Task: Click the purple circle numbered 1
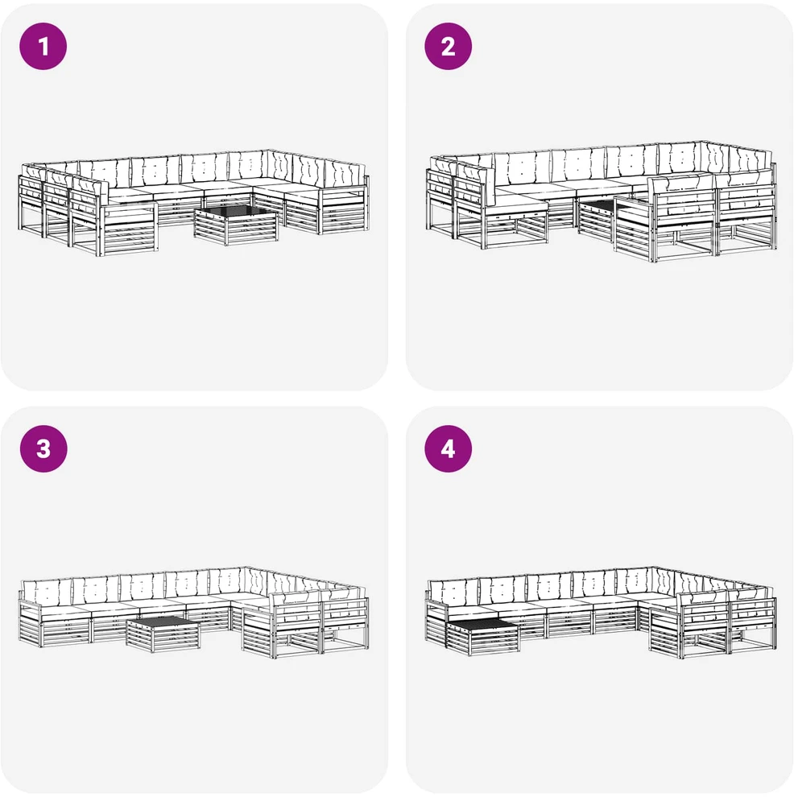[43, 46]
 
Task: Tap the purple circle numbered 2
[448, 46]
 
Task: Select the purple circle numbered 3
[43, 449]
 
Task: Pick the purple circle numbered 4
[448, 449]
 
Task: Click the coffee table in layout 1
[236, 225]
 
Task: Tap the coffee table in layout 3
[163, 634]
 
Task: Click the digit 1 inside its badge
[43, 46]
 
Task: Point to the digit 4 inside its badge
[448, 449]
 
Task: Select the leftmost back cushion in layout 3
[47, 591]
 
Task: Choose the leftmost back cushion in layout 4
[453, 591]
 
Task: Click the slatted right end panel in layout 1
[344, 211]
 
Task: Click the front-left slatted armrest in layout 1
[128, 229]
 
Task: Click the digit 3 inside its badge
[43, 449]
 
